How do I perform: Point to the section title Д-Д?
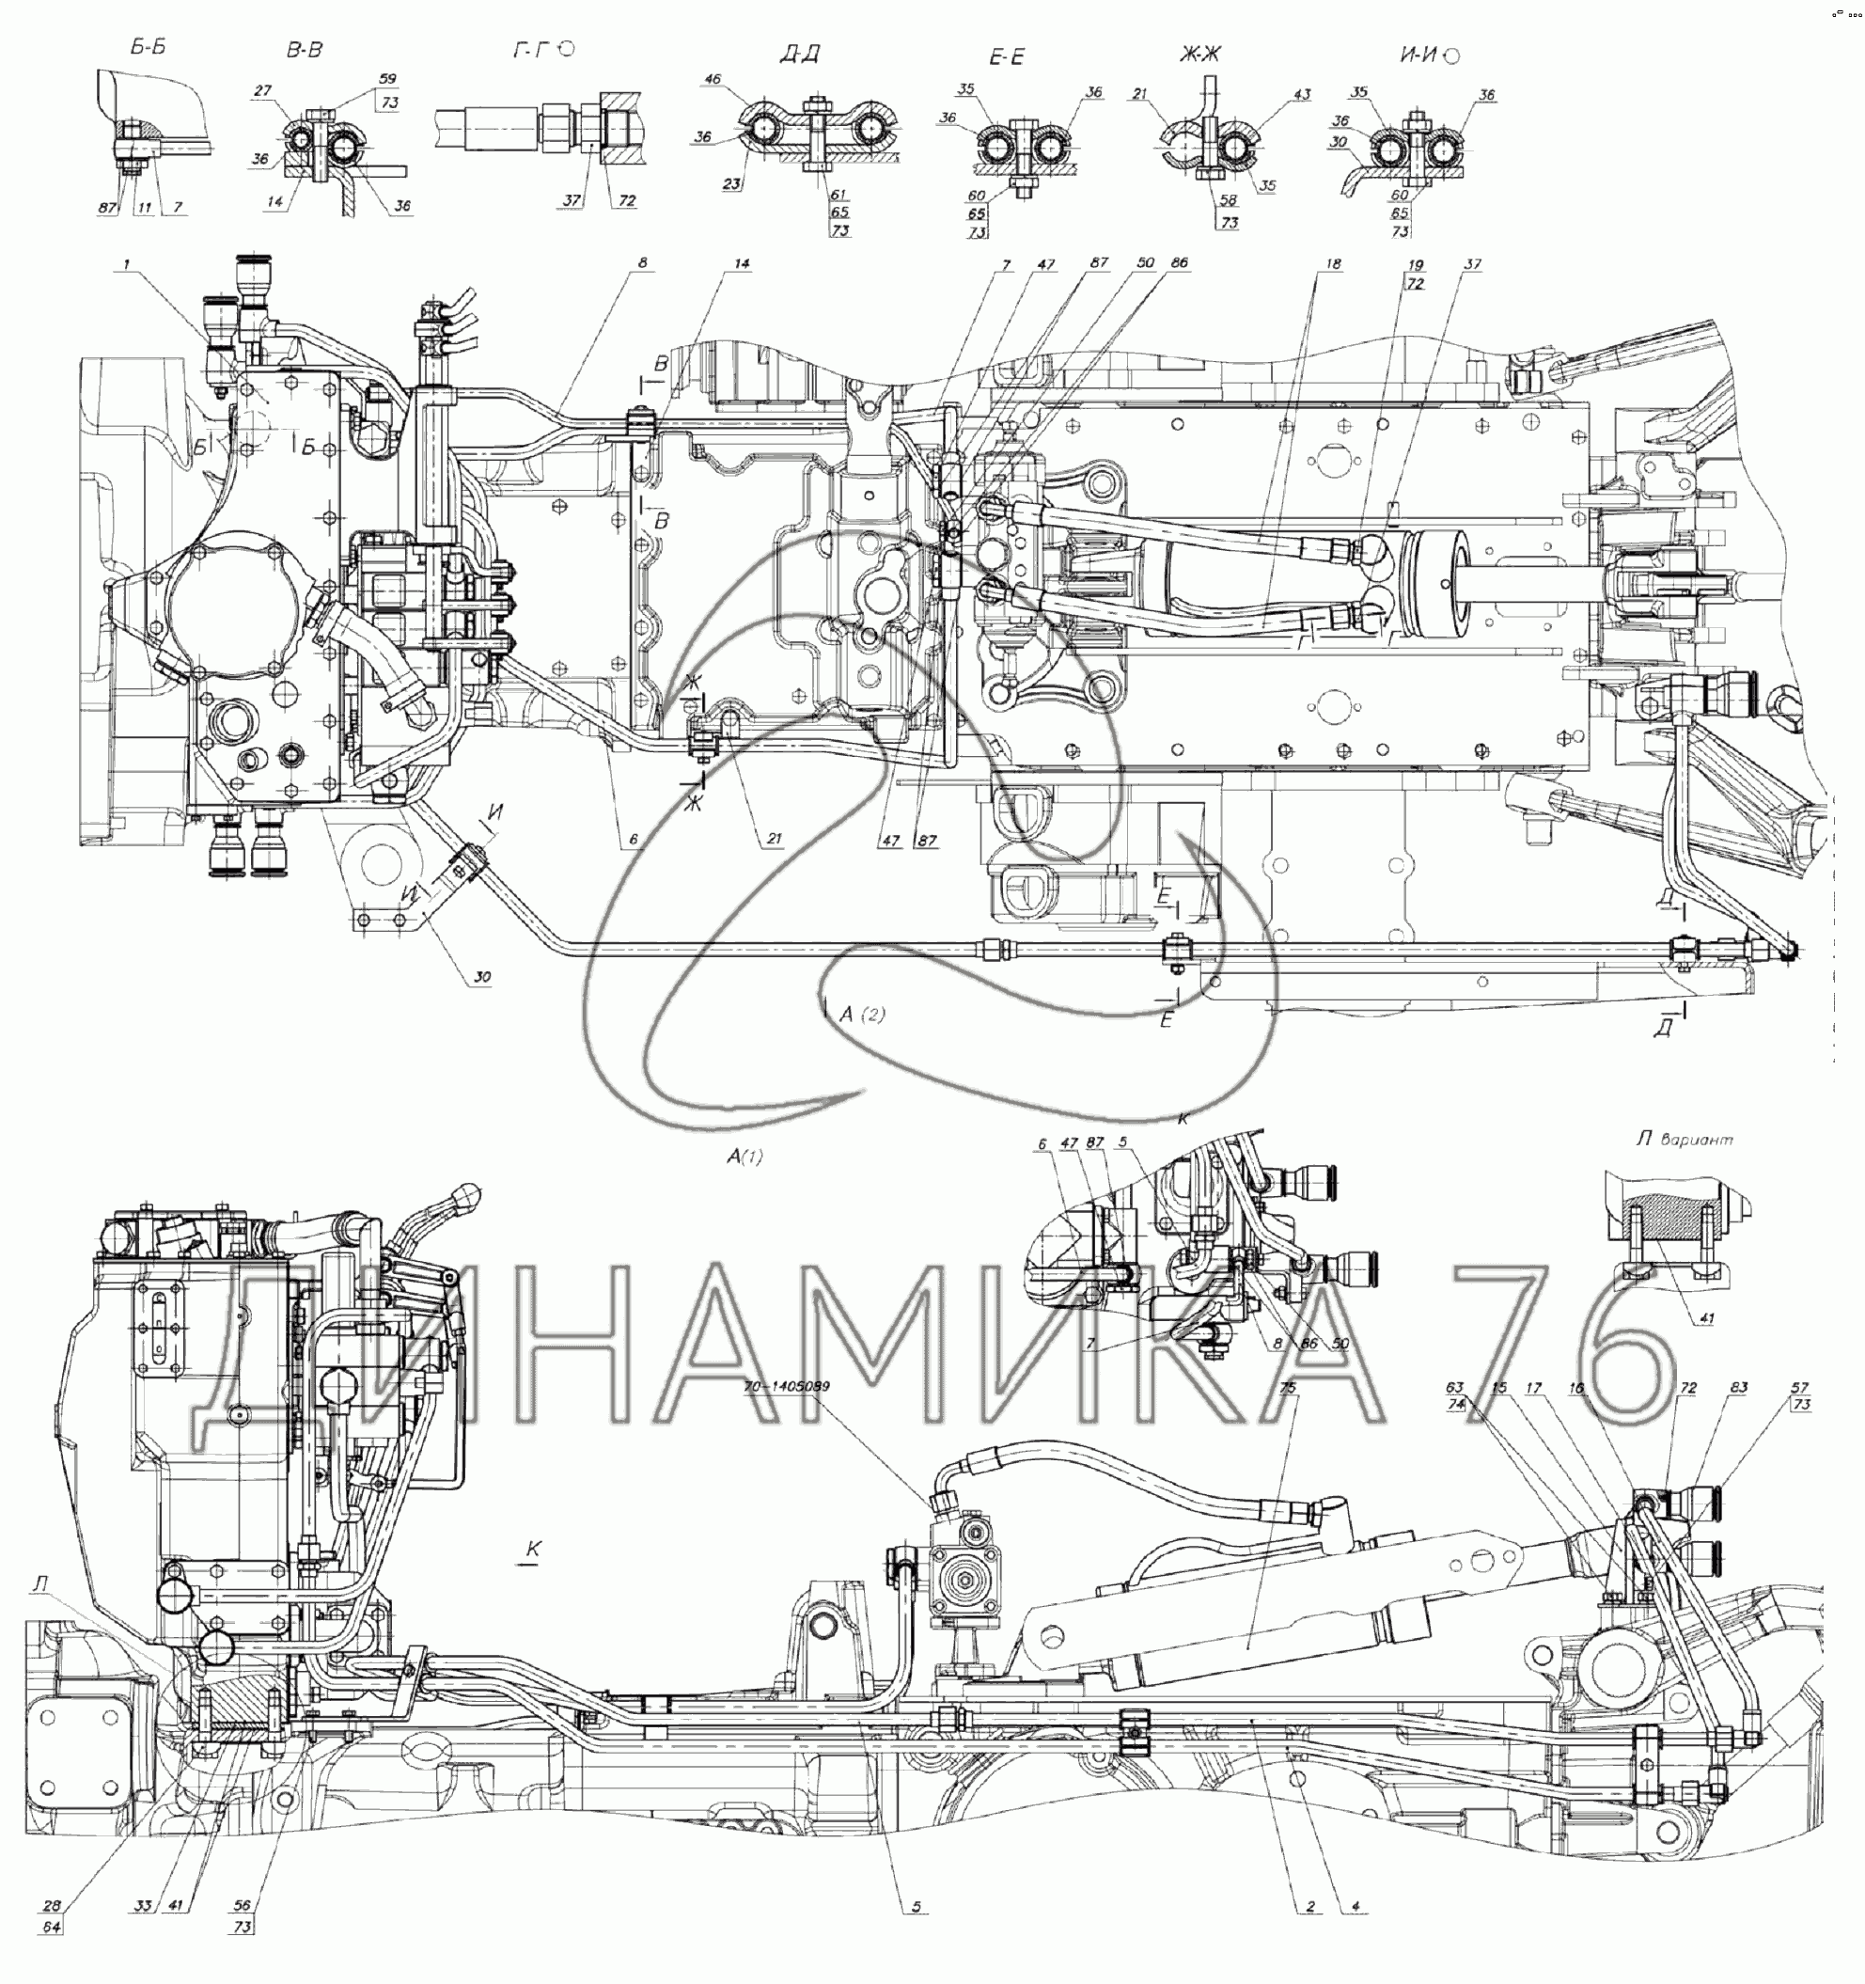799,54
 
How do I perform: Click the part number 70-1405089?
786,1386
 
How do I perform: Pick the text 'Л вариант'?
1685,1139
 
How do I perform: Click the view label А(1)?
744,1156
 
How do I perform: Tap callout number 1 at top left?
127,264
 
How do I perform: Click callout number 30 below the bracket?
482,976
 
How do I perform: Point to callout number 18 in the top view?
1333,264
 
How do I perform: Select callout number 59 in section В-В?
388,79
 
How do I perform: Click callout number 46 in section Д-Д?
713,79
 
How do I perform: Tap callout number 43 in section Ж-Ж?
1302,95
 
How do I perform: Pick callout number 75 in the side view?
1287,1387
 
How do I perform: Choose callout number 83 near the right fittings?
1738,1387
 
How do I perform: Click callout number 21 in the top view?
775,840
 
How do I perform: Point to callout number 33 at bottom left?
143,1906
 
